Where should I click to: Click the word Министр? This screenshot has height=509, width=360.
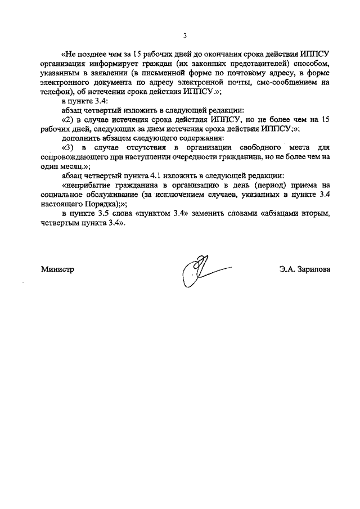coord(57,269)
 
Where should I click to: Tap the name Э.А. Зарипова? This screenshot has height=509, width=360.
coord(304,269)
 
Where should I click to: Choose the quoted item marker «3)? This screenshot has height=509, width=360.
coord(69,148)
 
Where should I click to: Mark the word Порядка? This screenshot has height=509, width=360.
coord(100,204)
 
